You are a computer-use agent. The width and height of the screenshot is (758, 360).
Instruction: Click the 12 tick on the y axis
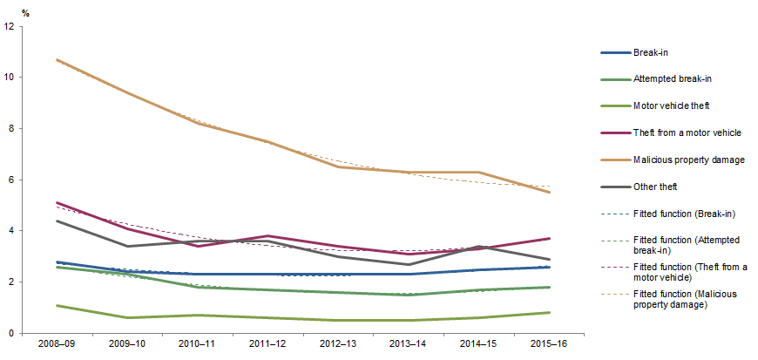tap(9, 26)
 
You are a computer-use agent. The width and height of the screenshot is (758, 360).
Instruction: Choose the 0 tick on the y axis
tap(10, 333)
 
